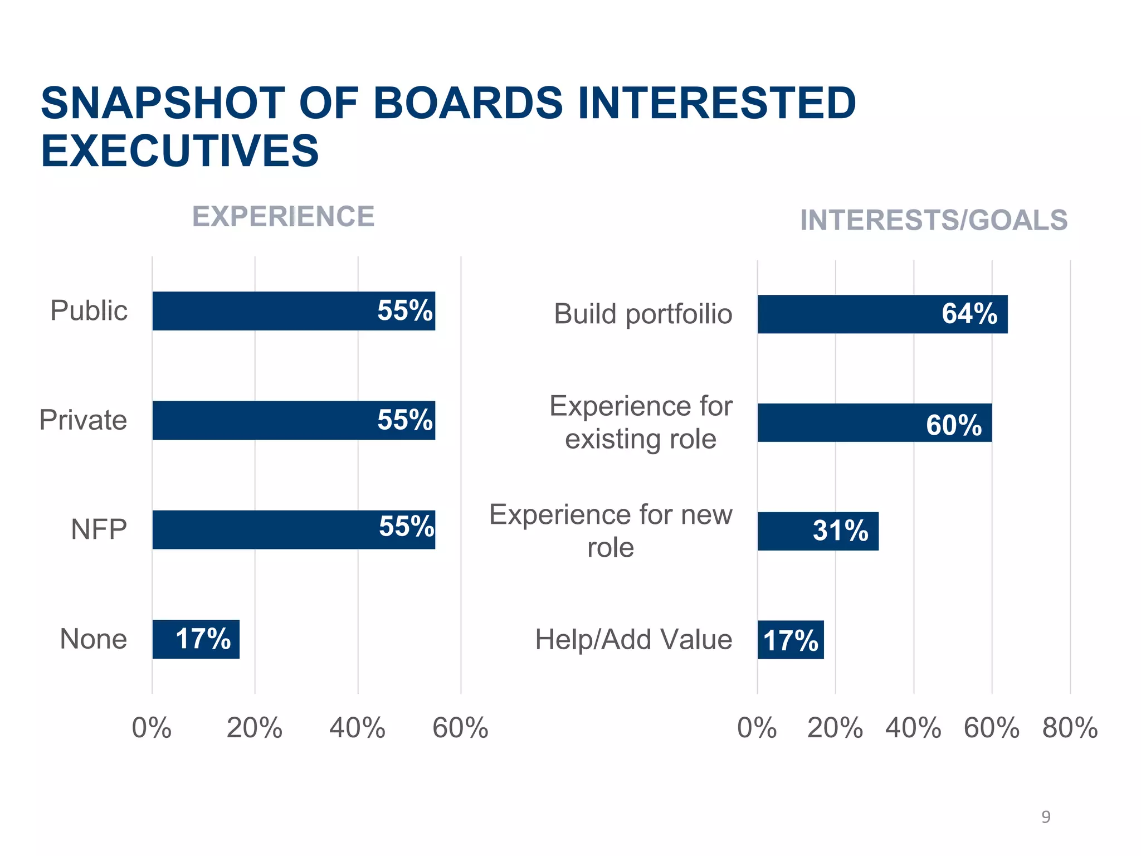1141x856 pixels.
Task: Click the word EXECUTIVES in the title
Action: point(179,151)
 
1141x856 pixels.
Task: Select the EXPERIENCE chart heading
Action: point(283,216)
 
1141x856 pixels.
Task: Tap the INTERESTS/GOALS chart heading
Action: point(933,220)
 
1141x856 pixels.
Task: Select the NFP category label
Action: point(99,529)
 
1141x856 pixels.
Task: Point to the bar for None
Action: point(196,639)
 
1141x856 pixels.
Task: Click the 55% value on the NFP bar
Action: point(406,527)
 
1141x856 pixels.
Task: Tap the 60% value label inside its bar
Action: point(954,425)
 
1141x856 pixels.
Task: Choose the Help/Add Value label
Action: point(633,640)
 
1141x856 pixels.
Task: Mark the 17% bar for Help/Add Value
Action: point(790,640)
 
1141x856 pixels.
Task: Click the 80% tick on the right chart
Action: point(1070,728)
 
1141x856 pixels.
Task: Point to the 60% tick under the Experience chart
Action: point(460,728)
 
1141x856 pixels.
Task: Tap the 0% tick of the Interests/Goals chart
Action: point(757,728)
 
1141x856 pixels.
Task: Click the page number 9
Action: point(1046,817)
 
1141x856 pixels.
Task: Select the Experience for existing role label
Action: point(641,422)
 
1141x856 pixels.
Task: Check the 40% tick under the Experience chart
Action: point(357,728)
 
